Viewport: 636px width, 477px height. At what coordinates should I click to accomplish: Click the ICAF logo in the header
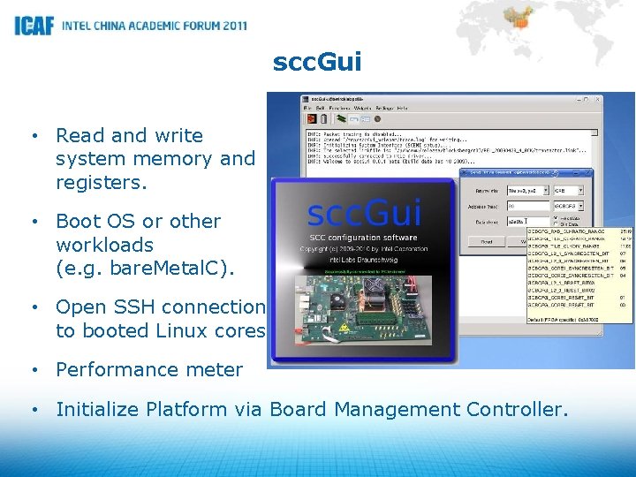[34, 25]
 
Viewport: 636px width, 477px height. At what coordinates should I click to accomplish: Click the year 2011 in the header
[229, 26]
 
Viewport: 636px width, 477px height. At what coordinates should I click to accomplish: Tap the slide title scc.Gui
[317, 62]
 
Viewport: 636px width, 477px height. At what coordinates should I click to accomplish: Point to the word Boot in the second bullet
[79, 221]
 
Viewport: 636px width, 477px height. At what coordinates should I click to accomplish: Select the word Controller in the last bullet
[515, 409]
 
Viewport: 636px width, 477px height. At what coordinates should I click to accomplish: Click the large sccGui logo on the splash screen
[364, 215]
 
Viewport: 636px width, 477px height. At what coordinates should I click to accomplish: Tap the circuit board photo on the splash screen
[363, 310]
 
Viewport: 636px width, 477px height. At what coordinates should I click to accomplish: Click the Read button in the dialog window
[486, 239]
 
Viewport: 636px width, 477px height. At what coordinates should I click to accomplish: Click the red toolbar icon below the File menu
[311, 118]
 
